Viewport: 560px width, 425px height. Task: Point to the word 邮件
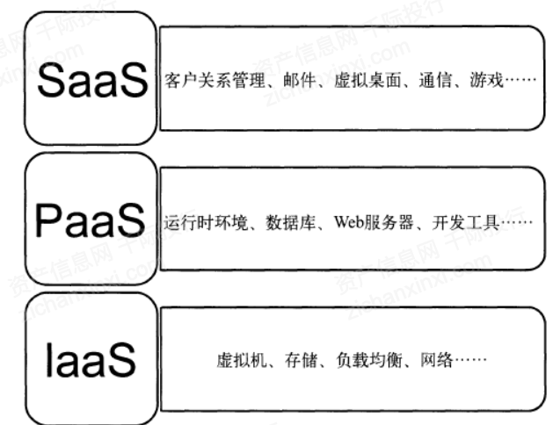[269, 82]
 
